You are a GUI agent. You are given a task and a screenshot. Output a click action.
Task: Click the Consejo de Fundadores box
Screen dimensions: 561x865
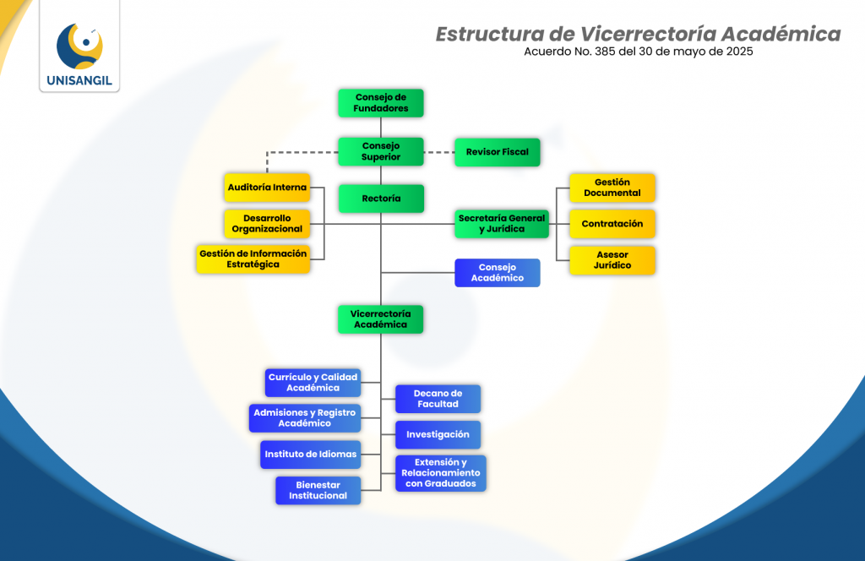(x=380, y=103)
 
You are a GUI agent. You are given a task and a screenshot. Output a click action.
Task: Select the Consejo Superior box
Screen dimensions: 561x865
(x=380, y=151)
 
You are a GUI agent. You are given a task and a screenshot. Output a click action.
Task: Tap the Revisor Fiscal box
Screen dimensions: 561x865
(x=497, y=152)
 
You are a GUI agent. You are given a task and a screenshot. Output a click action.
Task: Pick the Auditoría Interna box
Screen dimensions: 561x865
(x=267, y=187)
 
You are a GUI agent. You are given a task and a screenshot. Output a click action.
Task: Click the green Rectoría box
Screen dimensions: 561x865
(x=380, y=199)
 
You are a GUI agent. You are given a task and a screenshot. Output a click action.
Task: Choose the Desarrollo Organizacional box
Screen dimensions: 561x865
(x=267, y=224)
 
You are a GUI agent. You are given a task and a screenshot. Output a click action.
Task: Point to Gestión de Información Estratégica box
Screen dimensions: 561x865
(x=253, y=259)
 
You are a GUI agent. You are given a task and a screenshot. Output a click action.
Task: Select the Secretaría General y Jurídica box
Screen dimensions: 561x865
(x=502, y=224)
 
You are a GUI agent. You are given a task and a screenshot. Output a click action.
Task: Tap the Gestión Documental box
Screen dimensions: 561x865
(x=612, y=188)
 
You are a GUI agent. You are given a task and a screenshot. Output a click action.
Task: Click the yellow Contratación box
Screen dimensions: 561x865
(x=612, y=224)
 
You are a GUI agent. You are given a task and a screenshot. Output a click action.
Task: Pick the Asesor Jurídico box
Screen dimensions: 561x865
(x=612, y=260)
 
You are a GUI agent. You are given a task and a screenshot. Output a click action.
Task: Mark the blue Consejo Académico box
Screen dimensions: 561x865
(x=497, y=273)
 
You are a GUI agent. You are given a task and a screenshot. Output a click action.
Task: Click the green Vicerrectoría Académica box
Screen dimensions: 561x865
(x=380, y=319)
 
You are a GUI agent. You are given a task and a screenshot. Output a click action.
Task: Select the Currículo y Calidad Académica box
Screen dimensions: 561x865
(x=313, y=383)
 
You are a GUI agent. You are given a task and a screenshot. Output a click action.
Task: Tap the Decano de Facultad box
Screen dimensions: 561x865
(x=438, y=399)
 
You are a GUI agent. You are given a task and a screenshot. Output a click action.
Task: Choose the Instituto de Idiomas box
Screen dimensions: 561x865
(x=311, y=455)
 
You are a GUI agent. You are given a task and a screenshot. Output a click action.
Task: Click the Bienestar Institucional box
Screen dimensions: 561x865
(x=318, y=491)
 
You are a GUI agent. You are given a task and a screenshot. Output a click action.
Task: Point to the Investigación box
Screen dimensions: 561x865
(x=438, y=435)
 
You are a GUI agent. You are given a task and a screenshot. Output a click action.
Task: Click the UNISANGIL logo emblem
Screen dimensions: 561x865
(x=79, y=47)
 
